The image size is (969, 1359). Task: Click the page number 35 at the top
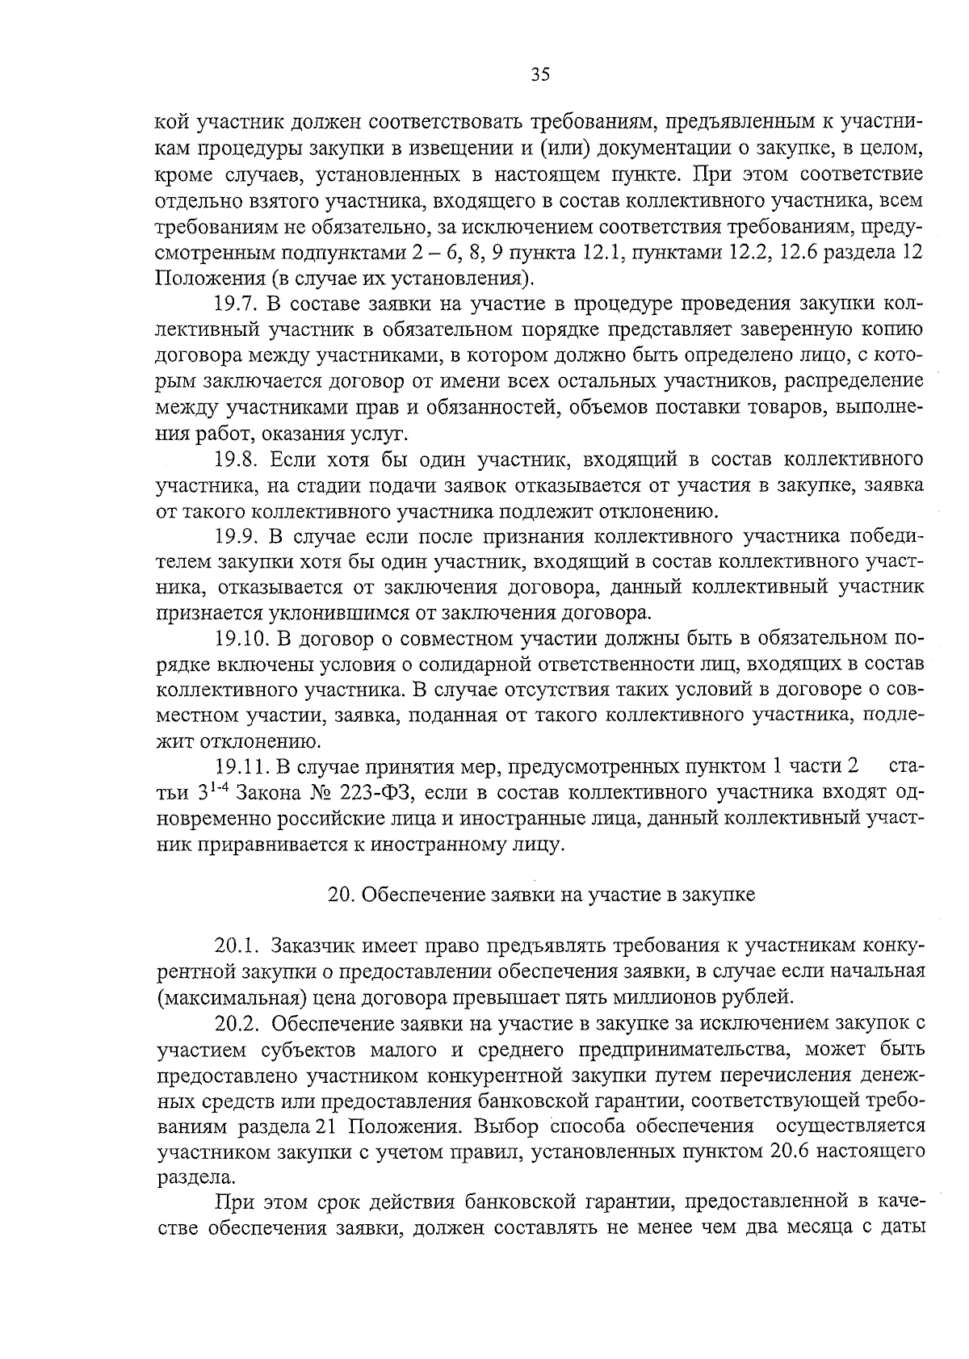tap(540, 75)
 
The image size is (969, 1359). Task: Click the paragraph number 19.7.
tap(235, 304)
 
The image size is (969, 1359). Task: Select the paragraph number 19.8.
tap(235, 460)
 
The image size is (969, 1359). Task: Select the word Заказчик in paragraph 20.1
tap(311, 945)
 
